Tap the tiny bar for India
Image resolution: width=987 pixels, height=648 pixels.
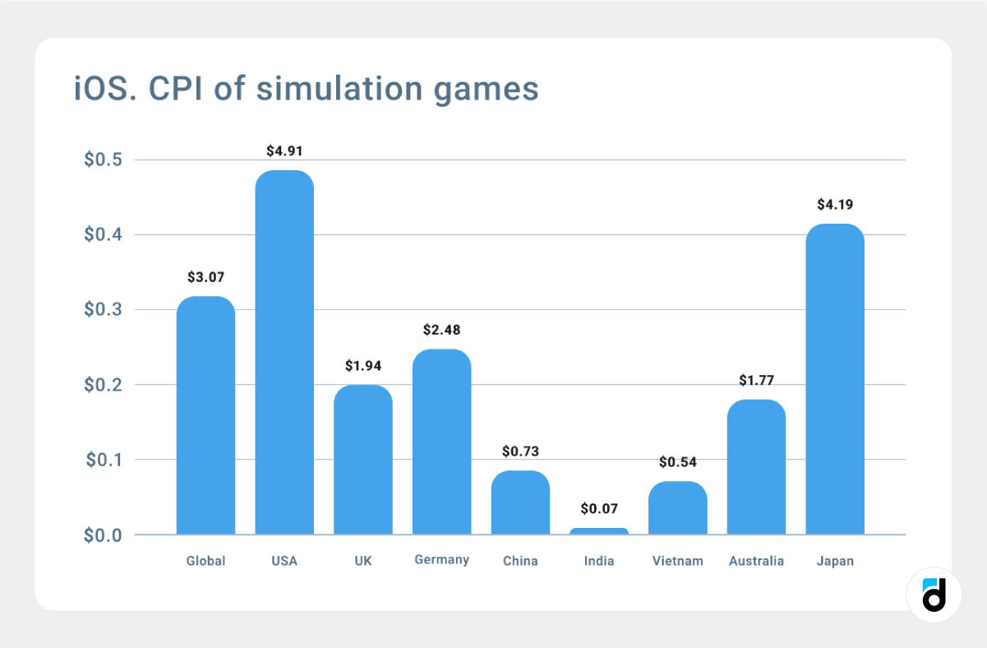click(x=599, y=531)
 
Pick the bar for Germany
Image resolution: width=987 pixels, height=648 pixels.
click(x=441, y=442)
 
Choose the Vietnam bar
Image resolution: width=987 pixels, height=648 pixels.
click(x=678, y=507)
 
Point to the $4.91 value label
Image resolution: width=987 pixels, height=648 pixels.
click(x=284, y=151)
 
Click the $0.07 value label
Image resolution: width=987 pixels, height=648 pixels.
click(x=599, y=509)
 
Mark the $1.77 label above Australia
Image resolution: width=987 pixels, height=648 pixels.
click(x=756, y=380)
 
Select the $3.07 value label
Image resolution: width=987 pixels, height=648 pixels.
click(x=205, y=277)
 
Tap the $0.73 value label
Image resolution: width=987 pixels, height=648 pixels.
click(x=520, y=451)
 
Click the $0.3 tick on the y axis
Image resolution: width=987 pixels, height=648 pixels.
click(x=103, y=310)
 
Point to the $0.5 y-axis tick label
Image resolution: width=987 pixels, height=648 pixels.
click(x=103, y=160)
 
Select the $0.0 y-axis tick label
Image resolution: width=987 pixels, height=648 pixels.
click(x=103, y=535)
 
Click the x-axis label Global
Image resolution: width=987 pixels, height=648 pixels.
click(x=205, y=561)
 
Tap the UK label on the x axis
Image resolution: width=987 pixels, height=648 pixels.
click(x=362, y=561)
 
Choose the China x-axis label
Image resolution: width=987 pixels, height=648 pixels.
click(x=520, y=561)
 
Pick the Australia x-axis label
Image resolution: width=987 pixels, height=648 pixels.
click(x=756, y=561)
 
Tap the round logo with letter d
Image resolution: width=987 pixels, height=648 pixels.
click(x=934, y=595)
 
